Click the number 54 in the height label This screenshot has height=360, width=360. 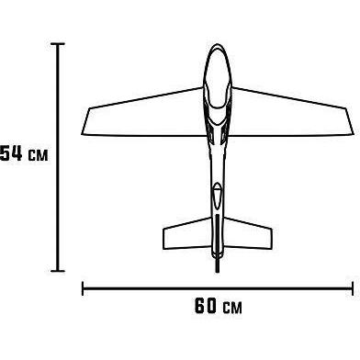(11, 153)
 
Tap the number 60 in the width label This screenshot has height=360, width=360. (206, 305)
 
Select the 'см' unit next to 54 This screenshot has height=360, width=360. (39, 155)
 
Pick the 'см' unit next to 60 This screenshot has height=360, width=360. (232, 308)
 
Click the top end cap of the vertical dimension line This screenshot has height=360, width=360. (58, 44)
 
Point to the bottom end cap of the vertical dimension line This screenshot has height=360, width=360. (58, 271)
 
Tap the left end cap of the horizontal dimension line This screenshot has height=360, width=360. (83, 288)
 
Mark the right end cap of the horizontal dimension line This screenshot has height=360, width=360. (353, 288)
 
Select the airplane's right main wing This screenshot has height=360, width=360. (291, 117)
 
